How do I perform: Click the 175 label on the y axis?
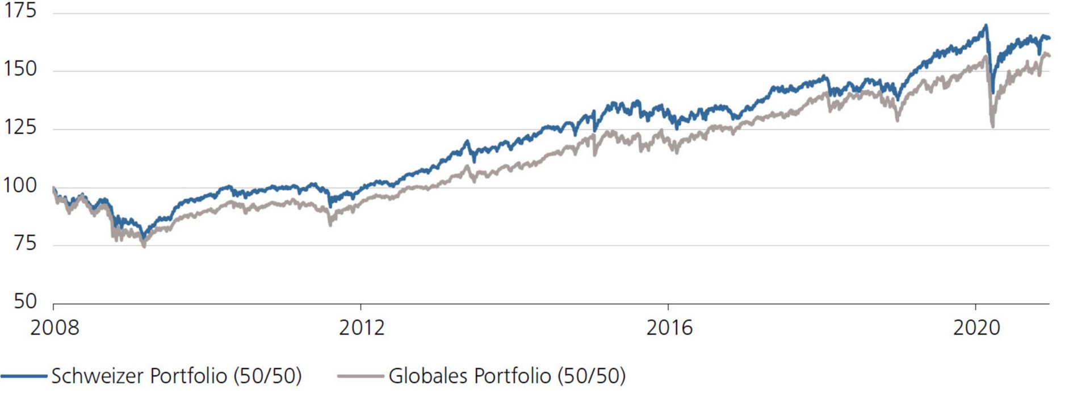(20, 10)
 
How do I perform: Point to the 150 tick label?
(20, 69)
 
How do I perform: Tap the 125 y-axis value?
(20, 127)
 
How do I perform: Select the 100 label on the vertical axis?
(20, 185)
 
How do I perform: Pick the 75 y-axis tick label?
(25, 244)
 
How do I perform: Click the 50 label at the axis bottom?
(25, 301)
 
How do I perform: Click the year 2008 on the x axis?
(54, 328)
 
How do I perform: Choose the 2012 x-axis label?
(362, 328)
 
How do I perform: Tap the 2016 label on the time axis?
(669, 328)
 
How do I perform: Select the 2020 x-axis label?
(976, 328)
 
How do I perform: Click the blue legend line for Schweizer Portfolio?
(24, 376)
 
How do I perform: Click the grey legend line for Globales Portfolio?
(360, 376)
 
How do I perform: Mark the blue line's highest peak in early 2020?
(986, 25)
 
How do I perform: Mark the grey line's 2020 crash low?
(992, 127)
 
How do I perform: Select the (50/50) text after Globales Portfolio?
(591, 376)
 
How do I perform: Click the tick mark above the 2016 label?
(668, 307)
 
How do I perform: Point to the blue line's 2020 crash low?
(992, 93)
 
